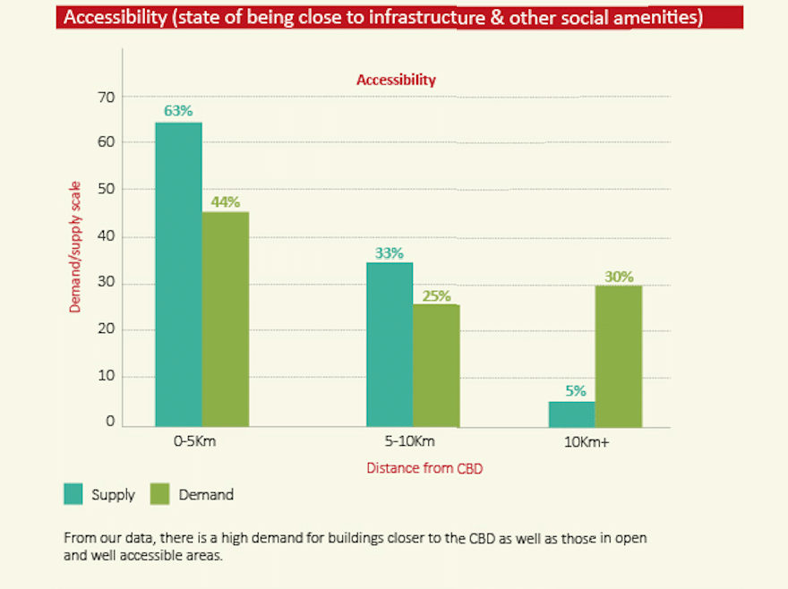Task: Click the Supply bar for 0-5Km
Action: (178, 274)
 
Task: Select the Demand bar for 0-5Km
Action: (226, 319)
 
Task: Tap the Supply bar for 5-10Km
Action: (390, 345)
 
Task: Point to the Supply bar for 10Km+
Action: (571, 414)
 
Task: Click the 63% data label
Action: (178, 111)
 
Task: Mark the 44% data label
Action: (226, 201)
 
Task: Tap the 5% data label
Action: (575, 390)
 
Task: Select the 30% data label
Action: (619, 276)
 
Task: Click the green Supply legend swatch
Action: (73, 493)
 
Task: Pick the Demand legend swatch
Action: (159, 493)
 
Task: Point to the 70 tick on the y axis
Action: (106, 96)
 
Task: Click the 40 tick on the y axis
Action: (106, 236)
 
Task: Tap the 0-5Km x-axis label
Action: (195, 441)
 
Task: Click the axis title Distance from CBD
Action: (424, 467)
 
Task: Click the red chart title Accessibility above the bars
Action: (396, 80)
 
